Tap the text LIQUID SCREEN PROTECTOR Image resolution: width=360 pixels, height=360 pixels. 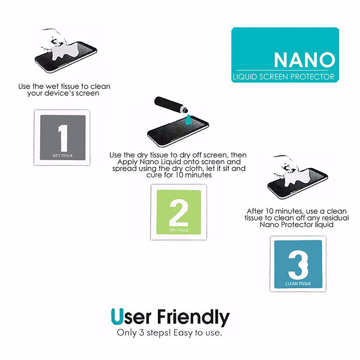click(283, 76)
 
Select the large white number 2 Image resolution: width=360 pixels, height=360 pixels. click(178, 212)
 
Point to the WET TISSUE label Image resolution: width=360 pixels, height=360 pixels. click(63, 155)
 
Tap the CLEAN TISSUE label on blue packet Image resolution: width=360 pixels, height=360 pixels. click(298, 284)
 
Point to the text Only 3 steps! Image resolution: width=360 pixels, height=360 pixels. click(144, 333)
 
